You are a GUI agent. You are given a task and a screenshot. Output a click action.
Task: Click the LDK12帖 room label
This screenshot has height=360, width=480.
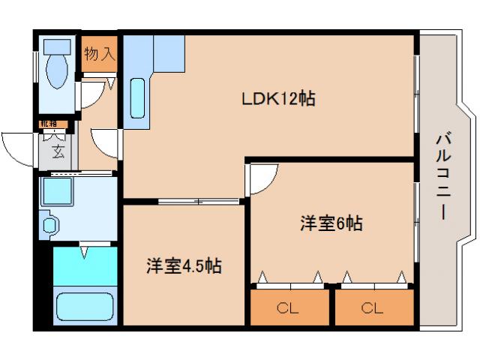coord(277,99)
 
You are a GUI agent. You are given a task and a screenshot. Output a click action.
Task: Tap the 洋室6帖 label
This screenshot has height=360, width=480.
coord(331,223)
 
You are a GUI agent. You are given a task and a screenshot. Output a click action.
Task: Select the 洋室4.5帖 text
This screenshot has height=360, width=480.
coord(184,265)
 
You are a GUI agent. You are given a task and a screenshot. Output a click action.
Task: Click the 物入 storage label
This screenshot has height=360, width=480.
coord(100,54)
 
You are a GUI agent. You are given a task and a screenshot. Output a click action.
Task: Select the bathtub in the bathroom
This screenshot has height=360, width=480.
coord(85,306)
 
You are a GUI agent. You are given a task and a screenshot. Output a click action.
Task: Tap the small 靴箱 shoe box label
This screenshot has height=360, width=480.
coord(49,124)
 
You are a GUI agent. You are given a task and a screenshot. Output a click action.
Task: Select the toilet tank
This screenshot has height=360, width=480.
coord(55,46)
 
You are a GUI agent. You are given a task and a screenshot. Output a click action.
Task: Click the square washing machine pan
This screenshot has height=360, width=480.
coord(58,193)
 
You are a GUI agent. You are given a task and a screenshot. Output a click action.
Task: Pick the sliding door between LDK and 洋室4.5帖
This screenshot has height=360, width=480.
coord(199,200)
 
